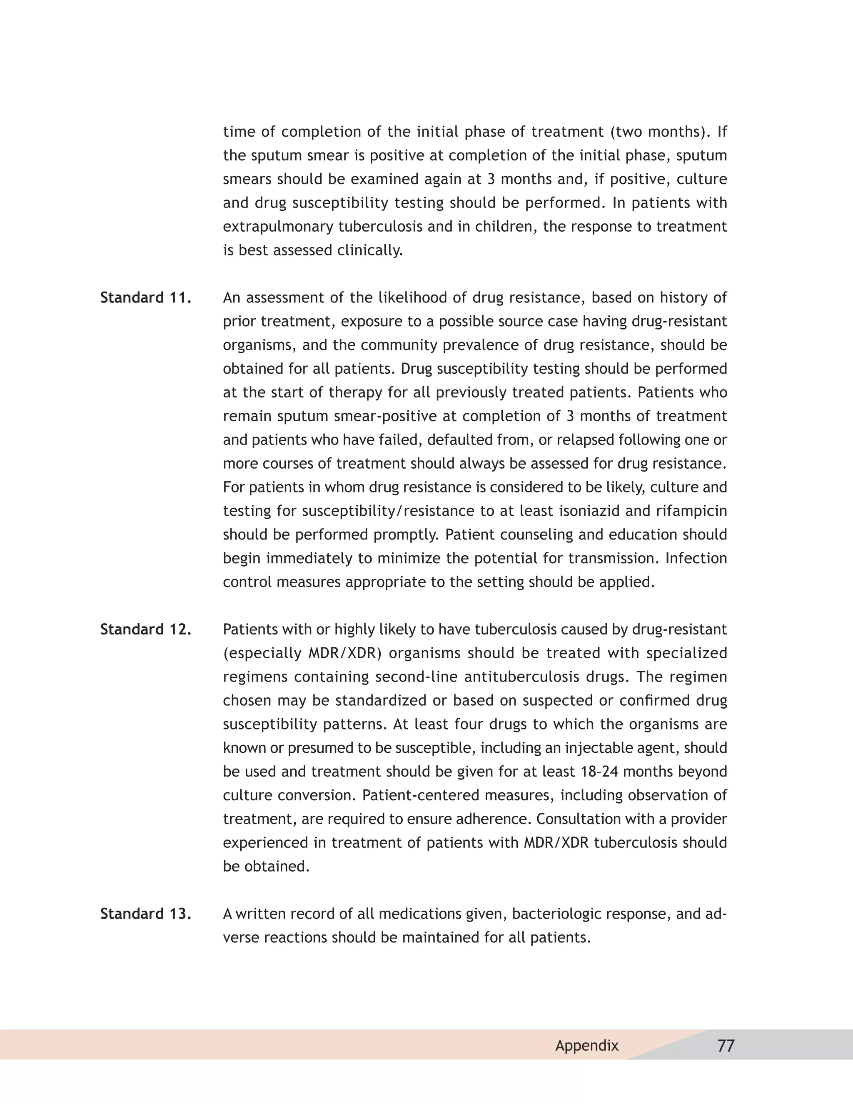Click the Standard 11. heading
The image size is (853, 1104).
point(145,298)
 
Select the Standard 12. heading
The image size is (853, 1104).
point(145,629)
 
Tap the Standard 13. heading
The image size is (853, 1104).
point(145,914)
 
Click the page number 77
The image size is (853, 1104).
point(726,1045)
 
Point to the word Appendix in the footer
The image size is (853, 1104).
point(587,1045)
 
